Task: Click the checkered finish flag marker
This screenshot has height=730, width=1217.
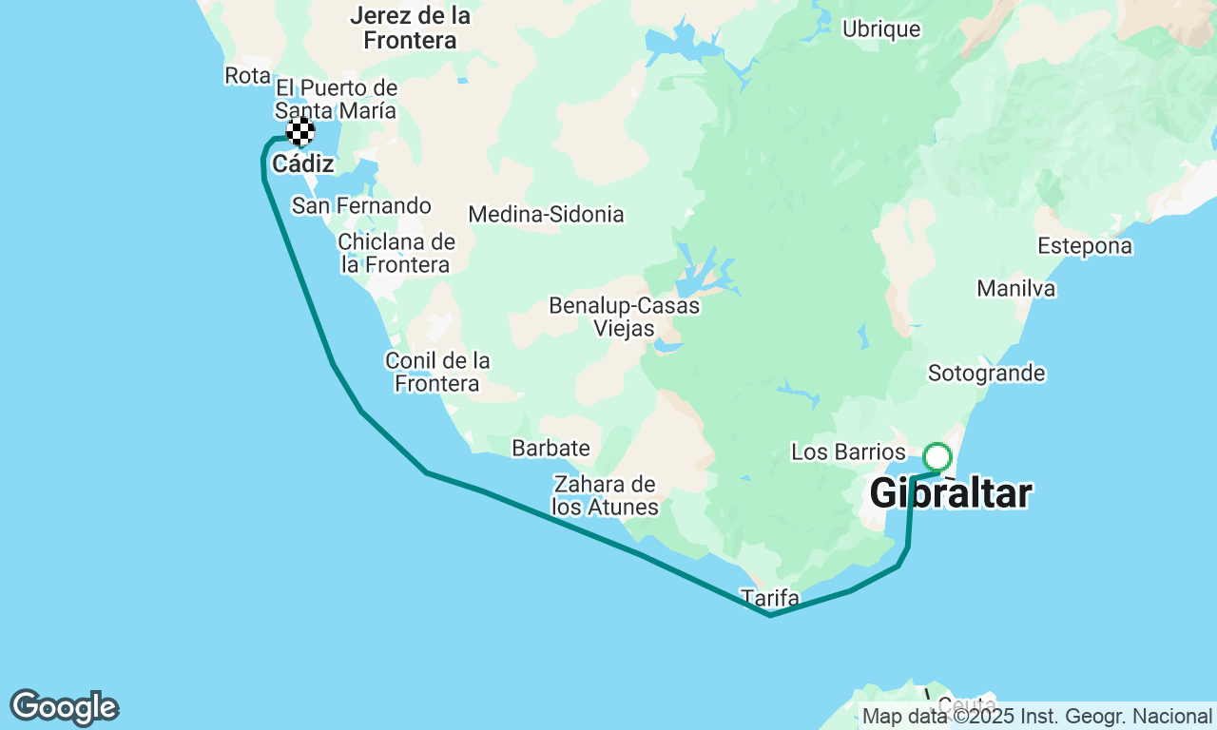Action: [300, 131]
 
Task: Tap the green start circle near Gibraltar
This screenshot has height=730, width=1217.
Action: [937, 457]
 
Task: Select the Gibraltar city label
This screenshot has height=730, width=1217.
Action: [950, 494]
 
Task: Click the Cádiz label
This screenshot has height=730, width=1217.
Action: [302, 164]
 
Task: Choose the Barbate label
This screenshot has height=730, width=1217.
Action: [551, 448]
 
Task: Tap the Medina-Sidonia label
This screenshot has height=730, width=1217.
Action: [546, 215]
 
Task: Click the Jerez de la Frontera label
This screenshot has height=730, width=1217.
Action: [410, 28]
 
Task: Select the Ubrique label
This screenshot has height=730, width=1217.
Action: [881, 29]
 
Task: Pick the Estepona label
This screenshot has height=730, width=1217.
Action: [1085, 246]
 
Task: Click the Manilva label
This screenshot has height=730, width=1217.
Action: [1015, 288]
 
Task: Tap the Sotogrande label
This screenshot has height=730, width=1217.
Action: [987, 374]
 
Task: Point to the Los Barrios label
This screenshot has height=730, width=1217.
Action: [848, 451]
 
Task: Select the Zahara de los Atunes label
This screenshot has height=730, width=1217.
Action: [605, 495]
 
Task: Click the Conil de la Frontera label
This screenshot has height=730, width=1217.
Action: [437, 372]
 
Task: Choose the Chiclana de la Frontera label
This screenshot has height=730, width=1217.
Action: [396, 254]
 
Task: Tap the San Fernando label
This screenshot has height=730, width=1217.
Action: [361, 206]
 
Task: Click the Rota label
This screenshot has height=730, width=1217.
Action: [247, 75]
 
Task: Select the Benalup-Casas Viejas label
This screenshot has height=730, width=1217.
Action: [624, 317]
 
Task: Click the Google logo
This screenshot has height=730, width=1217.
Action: [65, 708]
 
